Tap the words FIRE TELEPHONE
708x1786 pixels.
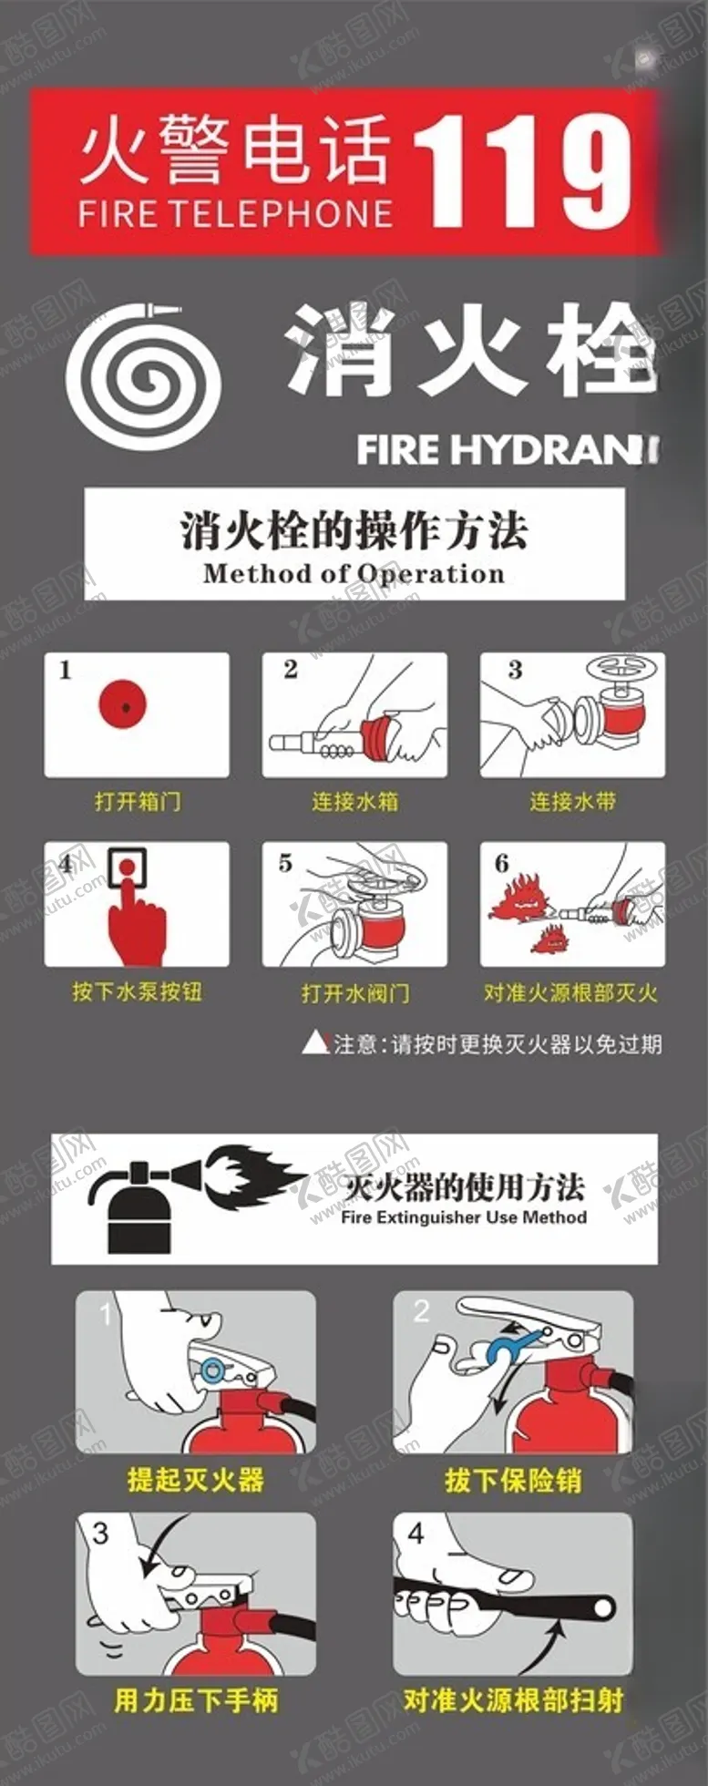coord(235,214)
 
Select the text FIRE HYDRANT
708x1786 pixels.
coord(507,449)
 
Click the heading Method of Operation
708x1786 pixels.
coord(354,574)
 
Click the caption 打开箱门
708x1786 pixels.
coord(138,802)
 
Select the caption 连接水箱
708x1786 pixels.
coord(354,802)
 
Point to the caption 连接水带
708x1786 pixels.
coord(573,802)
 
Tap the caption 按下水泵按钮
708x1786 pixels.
coord(137,991)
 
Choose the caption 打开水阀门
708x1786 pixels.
coord(355,992)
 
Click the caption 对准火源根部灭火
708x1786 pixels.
coord(570,992)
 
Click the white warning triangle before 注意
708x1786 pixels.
coord(315,1043)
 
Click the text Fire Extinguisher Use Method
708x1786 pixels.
coord(464,1217)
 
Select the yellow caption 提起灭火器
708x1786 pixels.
coord(195,1479)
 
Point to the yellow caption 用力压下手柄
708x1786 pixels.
coord(196,1699)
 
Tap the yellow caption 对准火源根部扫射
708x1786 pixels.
coord(513,1699)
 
